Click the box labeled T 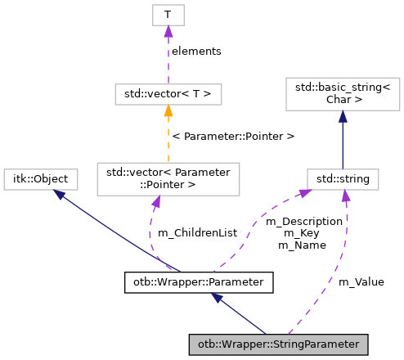click(167, 14)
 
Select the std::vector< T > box click(167, 94)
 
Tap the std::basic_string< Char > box click(342, 94)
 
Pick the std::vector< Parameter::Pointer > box click(167, 178)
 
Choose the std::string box click(342, 178)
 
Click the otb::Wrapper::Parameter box click(197, 283)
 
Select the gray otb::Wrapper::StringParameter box click(278, 344)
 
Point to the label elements click(196, 51)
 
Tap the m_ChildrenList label click(196, 233)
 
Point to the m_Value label click(361, 281)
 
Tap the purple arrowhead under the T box click(167, 31)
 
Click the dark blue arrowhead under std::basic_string click(342, 118)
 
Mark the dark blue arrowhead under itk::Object click(59, 194)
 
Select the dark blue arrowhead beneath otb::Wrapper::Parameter click(217, 299)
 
